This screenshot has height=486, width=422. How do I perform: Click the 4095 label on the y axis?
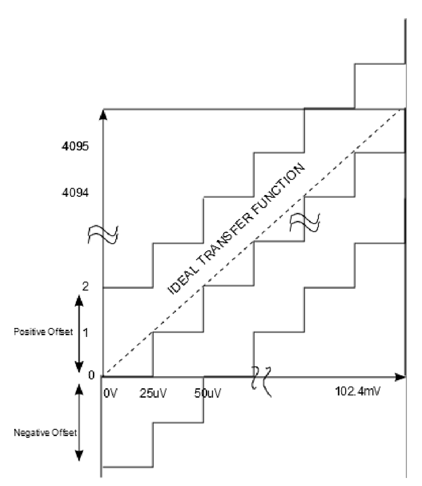click(75, 146)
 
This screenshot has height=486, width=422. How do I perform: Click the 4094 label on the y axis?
click(75, 193)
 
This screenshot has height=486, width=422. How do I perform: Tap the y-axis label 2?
click(85, 286)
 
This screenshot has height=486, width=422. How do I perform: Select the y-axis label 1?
click(86, 333)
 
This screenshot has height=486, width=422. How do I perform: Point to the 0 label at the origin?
click(91, 375)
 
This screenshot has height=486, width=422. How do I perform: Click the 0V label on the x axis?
click(110, 393)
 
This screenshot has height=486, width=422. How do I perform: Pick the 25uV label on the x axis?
click(153, 393)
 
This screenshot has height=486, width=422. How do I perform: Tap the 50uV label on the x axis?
click(207, 393)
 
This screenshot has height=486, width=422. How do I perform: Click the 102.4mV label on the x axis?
click(357, 391)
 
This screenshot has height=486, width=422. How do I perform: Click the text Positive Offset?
click(43, 332)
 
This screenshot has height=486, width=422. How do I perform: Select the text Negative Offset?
click(45, 433)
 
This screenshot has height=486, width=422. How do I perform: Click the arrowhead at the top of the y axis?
click(103, 114)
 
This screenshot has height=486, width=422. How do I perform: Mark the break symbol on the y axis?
click(103, 235)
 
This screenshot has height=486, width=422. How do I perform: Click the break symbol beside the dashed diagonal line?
click(304, 222)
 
